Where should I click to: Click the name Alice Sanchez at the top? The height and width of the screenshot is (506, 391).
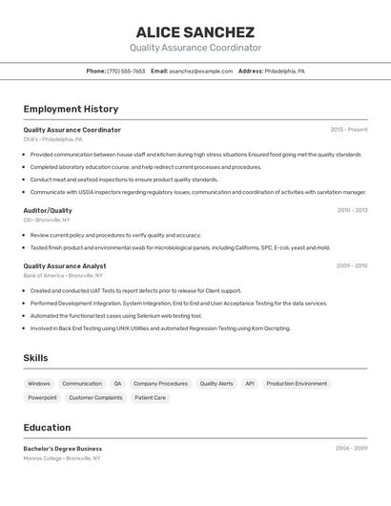click(195, 32)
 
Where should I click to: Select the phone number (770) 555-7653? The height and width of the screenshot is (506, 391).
click(126, 71)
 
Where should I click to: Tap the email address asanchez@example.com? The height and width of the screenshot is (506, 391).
click(201, 71)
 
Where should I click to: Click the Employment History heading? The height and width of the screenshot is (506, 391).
click(71, 109)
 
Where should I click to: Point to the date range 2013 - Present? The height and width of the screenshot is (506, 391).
click(348, 130)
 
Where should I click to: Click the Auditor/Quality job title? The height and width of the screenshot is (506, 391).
click(48, 210)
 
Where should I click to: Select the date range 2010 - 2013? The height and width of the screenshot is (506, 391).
click(352, 210)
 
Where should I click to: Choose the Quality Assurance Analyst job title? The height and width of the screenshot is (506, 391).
click(65, 266)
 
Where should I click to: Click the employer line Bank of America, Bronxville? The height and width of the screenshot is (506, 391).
click(63, 276)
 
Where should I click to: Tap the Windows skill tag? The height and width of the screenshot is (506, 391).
click(39, 384)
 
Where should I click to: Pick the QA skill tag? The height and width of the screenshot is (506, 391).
click(117, 384)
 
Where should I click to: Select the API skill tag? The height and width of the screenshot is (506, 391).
click(250, 384)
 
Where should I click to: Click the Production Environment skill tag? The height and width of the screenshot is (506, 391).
click(297, 384)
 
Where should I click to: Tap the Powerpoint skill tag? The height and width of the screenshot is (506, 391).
click(42, 397)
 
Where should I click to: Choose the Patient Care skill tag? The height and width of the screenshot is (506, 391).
click(150, 397)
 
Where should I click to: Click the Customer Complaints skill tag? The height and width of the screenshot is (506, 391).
click(95, 397)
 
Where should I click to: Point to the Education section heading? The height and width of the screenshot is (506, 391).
click(47, 428)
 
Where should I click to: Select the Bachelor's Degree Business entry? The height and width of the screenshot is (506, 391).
click(63, 449)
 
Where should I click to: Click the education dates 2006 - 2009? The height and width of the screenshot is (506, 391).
click(351, 448)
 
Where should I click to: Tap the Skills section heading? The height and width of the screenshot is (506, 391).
click(36, 358)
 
